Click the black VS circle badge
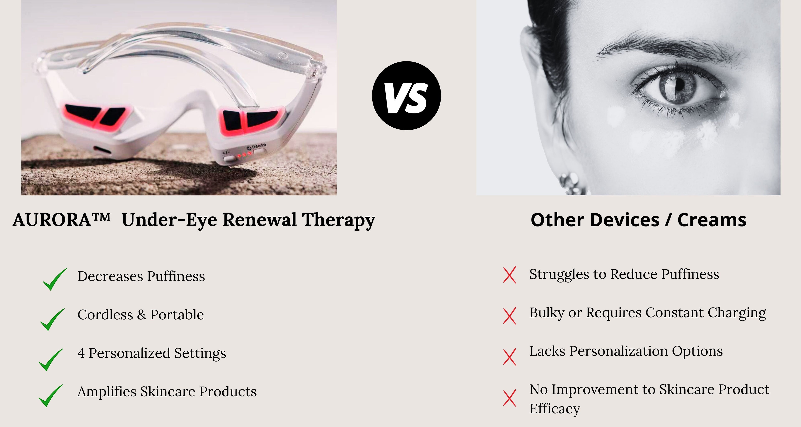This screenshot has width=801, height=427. (406, 95)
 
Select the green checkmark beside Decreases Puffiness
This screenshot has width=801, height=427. (55, 279)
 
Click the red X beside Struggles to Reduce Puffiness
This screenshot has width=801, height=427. (510, 275)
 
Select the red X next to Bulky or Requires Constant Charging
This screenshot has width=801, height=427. (510, 316)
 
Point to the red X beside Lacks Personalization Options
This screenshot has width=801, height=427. (510, 357)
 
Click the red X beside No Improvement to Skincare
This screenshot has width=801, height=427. (510, 398)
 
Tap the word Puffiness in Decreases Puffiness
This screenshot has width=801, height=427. (176, 276)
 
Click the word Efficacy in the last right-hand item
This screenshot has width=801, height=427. (555, 409)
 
